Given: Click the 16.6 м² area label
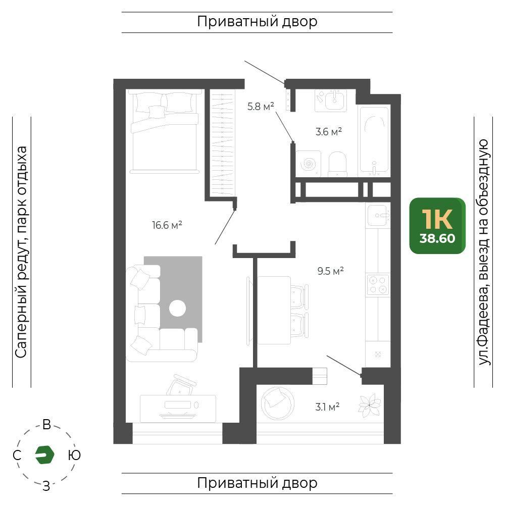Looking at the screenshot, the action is coord(167,225).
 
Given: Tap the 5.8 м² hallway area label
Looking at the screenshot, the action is coord(261,106).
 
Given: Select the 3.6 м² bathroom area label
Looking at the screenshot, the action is coord(329,131).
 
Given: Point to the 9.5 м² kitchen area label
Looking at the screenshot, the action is coord(330,271).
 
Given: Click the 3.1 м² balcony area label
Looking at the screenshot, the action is coord(327,407).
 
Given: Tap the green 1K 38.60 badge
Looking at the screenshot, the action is coord(437,226).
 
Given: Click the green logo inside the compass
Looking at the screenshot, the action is coord(44,455).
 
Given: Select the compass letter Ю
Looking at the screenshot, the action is coord(74,455).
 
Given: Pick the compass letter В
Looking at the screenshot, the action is coord(46,425).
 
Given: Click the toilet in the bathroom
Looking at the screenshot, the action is coord(337,164).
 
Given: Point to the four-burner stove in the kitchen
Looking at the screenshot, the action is coord(378,285).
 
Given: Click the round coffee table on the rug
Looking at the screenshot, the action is coord(177,308).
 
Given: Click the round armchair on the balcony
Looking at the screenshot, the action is coord(277,403).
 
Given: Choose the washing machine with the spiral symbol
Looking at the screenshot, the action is coord(308,164).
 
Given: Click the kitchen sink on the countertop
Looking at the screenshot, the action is coord(378,215).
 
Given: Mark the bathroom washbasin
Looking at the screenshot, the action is coord(331,100).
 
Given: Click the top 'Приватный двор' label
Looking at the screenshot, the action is coord(257,22).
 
